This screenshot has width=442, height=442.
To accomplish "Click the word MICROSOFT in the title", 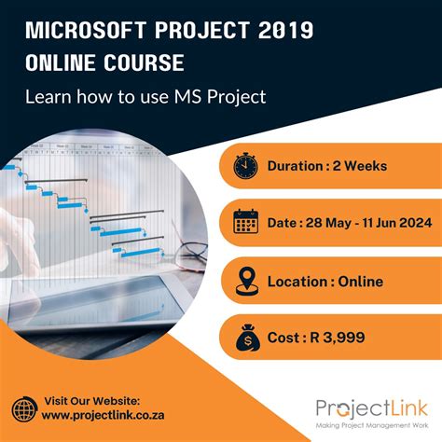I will pos(82,31).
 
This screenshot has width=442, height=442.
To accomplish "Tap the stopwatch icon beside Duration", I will pos(246,167).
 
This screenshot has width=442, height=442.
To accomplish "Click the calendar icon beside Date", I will pos(246,223).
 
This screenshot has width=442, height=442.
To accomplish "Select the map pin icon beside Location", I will pos(246,280).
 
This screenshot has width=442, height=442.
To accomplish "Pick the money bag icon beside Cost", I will pos(246,337).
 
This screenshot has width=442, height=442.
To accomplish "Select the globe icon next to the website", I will pos(23,409).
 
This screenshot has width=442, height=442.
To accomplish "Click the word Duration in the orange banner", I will pos(297,167).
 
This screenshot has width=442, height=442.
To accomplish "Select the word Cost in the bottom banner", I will pos(284,337).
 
